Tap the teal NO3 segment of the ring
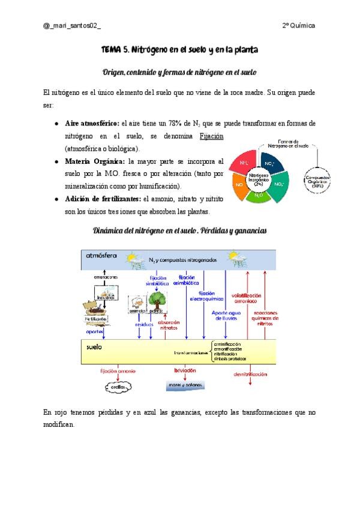point(280,184)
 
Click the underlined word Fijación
point(212,136)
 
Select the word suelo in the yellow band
point(94,346)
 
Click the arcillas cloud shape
point(118,387)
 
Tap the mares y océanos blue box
point(185,384)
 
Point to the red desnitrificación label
point(250,374)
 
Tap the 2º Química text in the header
point(298,26)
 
